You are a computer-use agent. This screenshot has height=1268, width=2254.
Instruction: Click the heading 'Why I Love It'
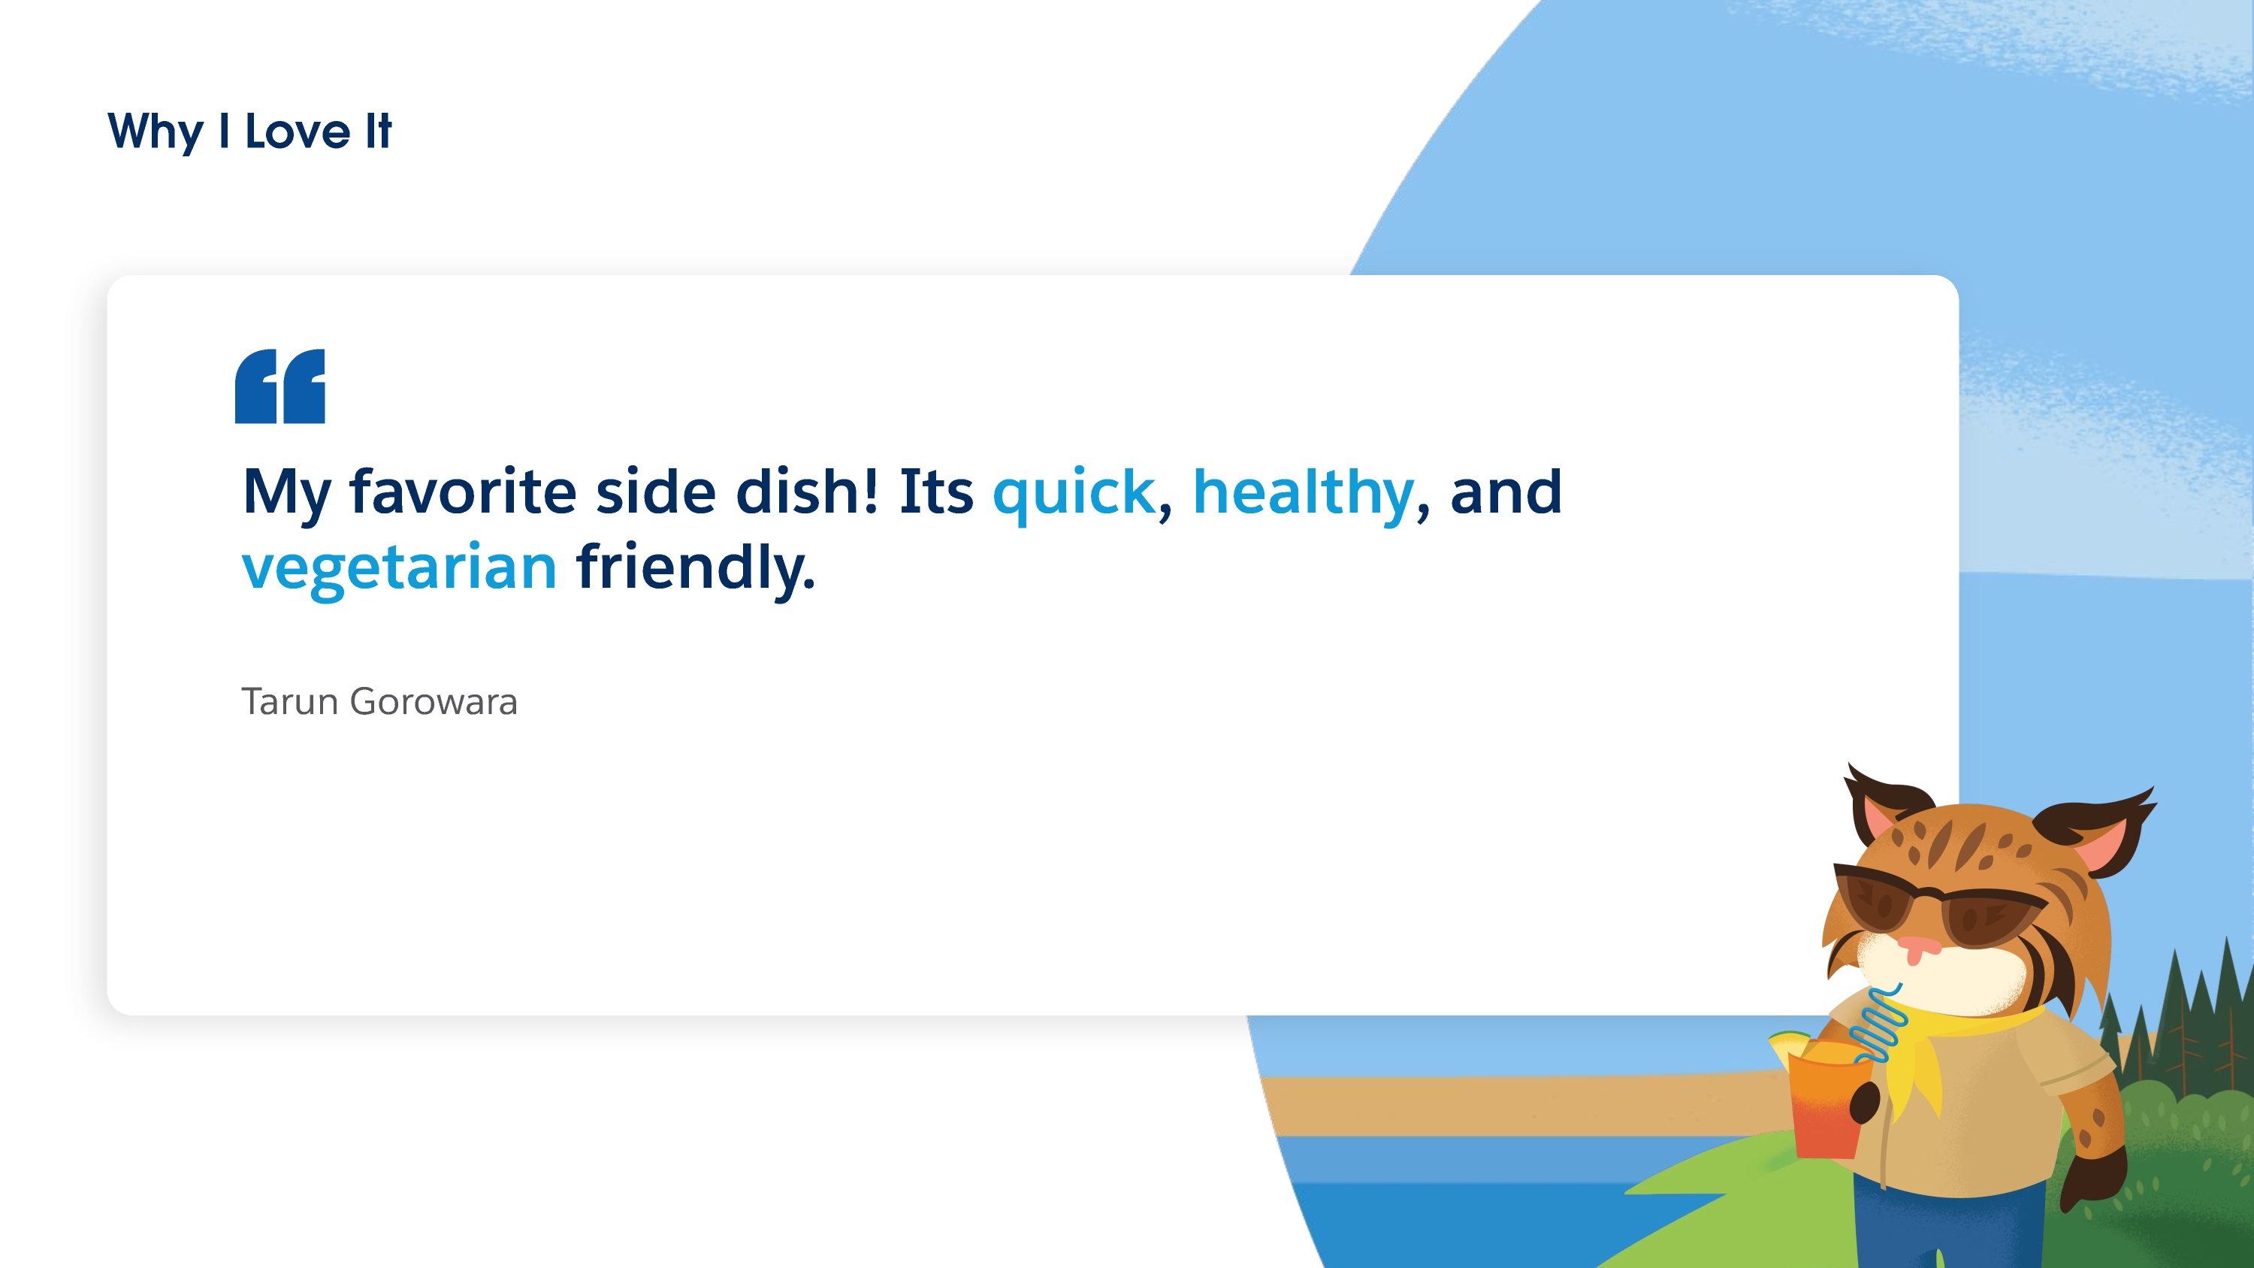pos(249,132)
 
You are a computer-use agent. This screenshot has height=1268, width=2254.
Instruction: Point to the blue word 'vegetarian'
pos(399,569)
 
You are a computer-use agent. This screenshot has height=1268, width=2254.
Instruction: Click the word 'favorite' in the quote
pos(463,491)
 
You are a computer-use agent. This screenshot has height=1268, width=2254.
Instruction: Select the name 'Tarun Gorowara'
pos(379,702)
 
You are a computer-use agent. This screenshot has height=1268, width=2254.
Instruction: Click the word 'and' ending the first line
pos(1506,491)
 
